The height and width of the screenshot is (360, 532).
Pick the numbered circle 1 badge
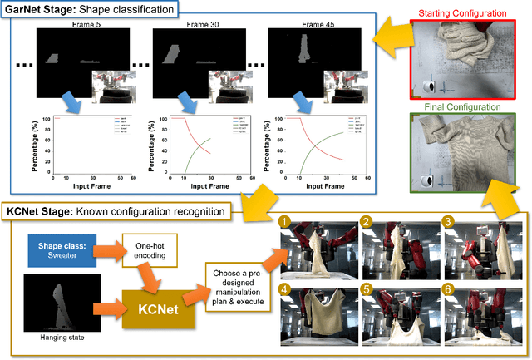pyautogui.click(x=284, y=222)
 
